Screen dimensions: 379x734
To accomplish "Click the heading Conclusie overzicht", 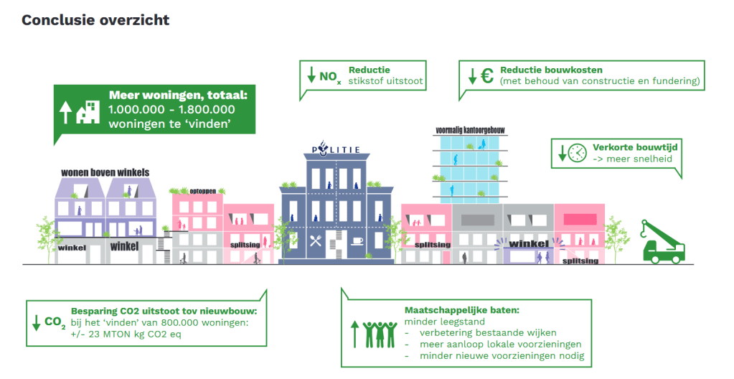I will pyautogui.click(x=95, y=19).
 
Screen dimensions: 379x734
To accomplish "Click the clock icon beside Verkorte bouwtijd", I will pyautogui.click(x=577, y=152).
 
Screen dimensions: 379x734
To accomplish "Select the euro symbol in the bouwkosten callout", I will pyautogui.click(x=486, y=75).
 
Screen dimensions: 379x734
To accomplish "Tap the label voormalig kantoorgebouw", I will pyautogui.click(x=470, y=130).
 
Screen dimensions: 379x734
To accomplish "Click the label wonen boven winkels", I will pyautogui.click(x=105, y=172).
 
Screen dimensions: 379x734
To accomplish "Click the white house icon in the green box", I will pyautogui.click(x=88, y=111).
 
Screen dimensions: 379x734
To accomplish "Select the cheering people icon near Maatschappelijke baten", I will pyautogui.click(x=380, y=333).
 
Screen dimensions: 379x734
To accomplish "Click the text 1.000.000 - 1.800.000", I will pyautogui.click(x=171, y=109).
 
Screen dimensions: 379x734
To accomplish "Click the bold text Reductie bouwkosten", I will pyautogui.click(x=551, y=70).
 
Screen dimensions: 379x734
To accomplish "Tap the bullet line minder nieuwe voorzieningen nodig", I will pyautogui.click(x=500, y=356).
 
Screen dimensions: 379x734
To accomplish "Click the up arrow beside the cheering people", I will pyautogui.click(x=354, y=334).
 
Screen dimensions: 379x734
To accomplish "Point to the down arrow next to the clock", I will pyautogui.click(x=563, y=153).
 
